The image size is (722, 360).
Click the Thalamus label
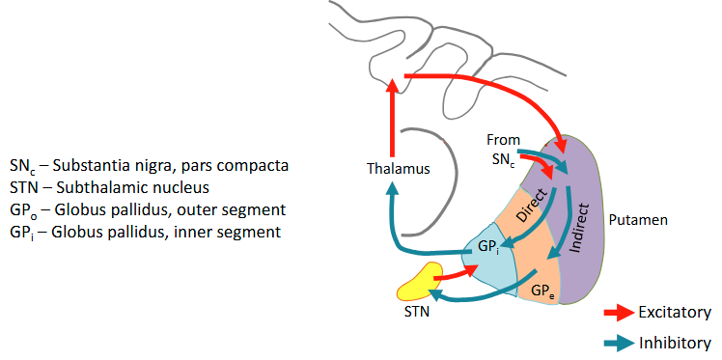pyautogui.click(x=398, y=169)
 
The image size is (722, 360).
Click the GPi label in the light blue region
pyautogui.click(x=487, y=248)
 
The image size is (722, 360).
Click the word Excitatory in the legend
pyautogui.click(x=675, y=313)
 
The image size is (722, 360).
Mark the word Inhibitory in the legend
pyautogui.click(x=675, y=343)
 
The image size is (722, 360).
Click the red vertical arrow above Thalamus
pyautogui.click(x=392, y=121)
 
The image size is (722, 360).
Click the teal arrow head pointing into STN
pyautogui.click(x=435, y=294)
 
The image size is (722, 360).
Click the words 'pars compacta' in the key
pyautogui.click(x=241, y=165)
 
